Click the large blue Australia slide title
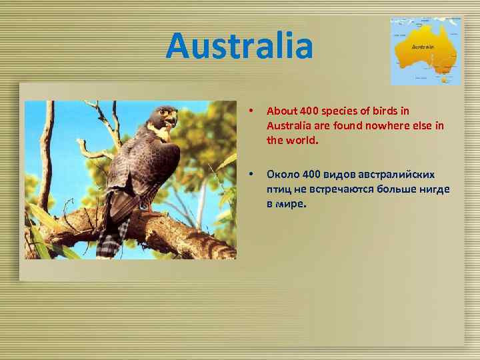click(239, 46)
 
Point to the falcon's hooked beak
click(174, 120)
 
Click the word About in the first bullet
click(279, 111)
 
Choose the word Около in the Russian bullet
click(281, 175)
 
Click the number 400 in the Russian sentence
click(311, 175)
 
